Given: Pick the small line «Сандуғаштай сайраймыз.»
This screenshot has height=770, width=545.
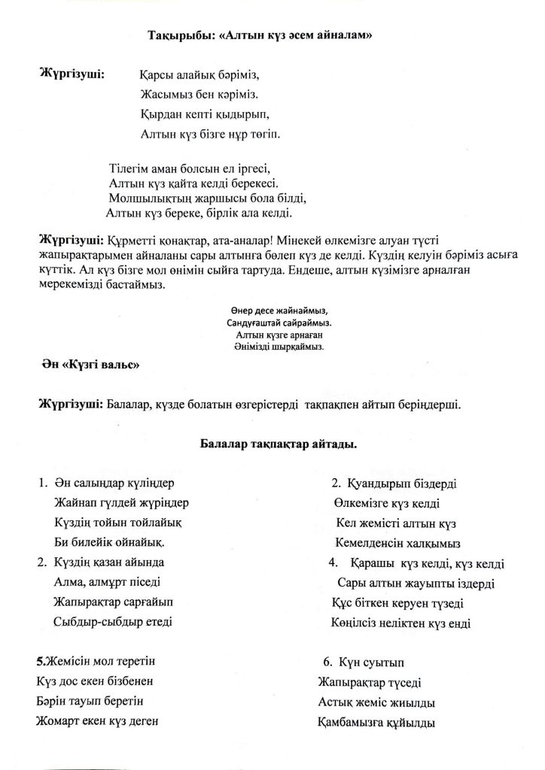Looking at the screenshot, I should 279,322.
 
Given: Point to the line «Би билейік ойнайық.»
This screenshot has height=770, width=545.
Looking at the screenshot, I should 108,542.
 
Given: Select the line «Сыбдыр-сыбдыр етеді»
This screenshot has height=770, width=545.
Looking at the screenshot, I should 113,621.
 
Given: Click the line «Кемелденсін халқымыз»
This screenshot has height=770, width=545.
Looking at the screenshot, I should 397,543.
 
